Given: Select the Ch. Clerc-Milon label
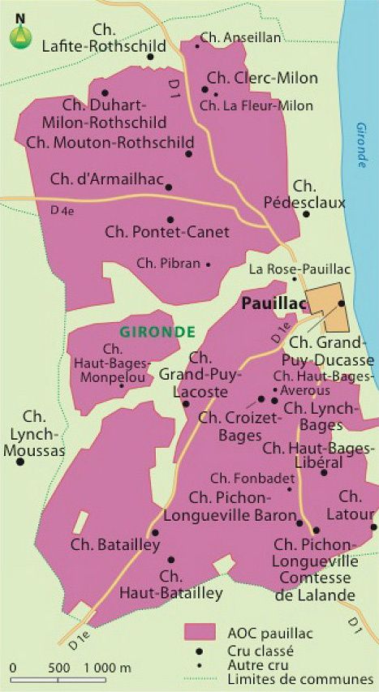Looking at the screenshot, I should tap(251, 79).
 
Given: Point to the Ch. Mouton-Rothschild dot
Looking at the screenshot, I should tap(188, 153).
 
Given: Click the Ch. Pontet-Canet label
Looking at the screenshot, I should tap(167, 232).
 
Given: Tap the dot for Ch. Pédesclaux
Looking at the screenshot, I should tap(306, 213).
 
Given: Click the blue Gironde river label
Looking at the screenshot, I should tap(361, 146).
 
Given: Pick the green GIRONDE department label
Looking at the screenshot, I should tap(157, 332).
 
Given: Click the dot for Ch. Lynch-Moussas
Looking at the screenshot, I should tap(21, 462).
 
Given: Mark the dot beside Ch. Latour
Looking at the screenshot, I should tap(373, 527).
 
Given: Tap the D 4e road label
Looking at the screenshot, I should tap(62, 210).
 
